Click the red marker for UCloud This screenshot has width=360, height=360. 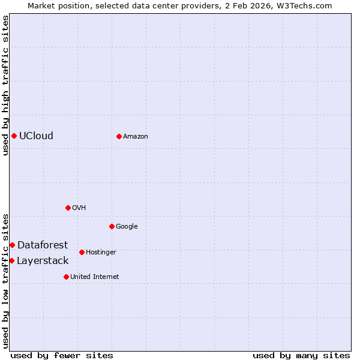pyautogui.click(x=14, y=136)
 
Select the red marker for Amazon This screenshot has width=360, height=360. pyautogui.click(x=119, y=136)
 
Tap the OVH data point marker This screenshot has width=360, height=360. pyautogui.click(x=68, y=208)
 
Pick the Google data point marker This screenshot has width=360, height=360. pyautogui.click(x=112, y=226)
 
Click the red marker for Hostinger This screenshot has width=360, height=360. pyautogui.click(x=82, y=252)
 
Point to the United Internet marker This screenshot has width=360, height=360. pyautogui.click(x=66, y=277)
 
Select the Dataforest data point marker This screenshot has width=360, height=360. pyautogui.click(x=12, y=245)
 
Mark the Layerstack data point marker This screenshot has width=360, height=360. pyautogui.click(x=11, y=260)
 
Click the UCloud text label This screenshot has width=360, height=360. pyautogui.click(x=36, y=136)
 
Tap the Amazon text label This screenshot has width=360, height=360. pyautogui.click(x=136, y=136)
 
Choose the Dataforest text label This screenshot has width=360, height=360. pyautogui.click(x=43, y=245)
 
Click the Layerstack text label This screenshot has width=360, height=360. pyautogui.click(x=43, y=260)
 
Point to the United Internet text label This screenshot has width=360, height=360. pyautogui.click(x=95, y=277)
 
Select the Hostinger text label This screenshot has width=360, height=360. pyautogui.click(x=101, y=252)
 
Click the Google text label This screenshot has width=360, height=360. pyautogui.click(x=127, y=226)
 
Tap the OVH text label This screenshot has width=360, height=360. pyautogui.click(x=79, y=208)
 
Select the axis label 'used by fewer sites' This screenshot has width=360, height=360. pyautogui.click(x=62, y=355)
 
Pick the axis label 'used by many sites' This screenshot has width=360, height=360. pyautogui.click(x=301, y=355)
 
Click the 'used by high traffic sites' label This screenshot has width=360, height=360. pyautogui.click(x=5, y=85)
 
